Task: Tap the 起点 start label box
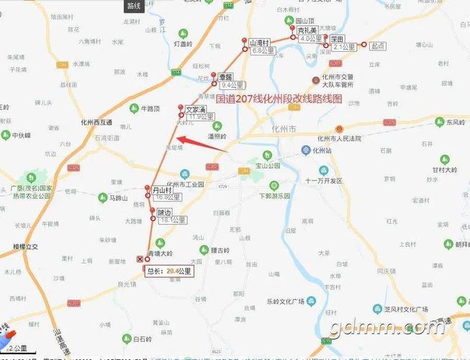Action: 378,45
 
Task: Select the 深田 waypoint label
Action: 337,39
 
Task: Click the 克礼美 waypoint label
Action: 308,31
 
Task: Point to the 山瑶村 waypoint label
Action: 258,43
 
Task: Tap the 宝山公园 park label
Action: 268,165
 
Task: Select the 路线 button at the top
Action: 134,6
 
